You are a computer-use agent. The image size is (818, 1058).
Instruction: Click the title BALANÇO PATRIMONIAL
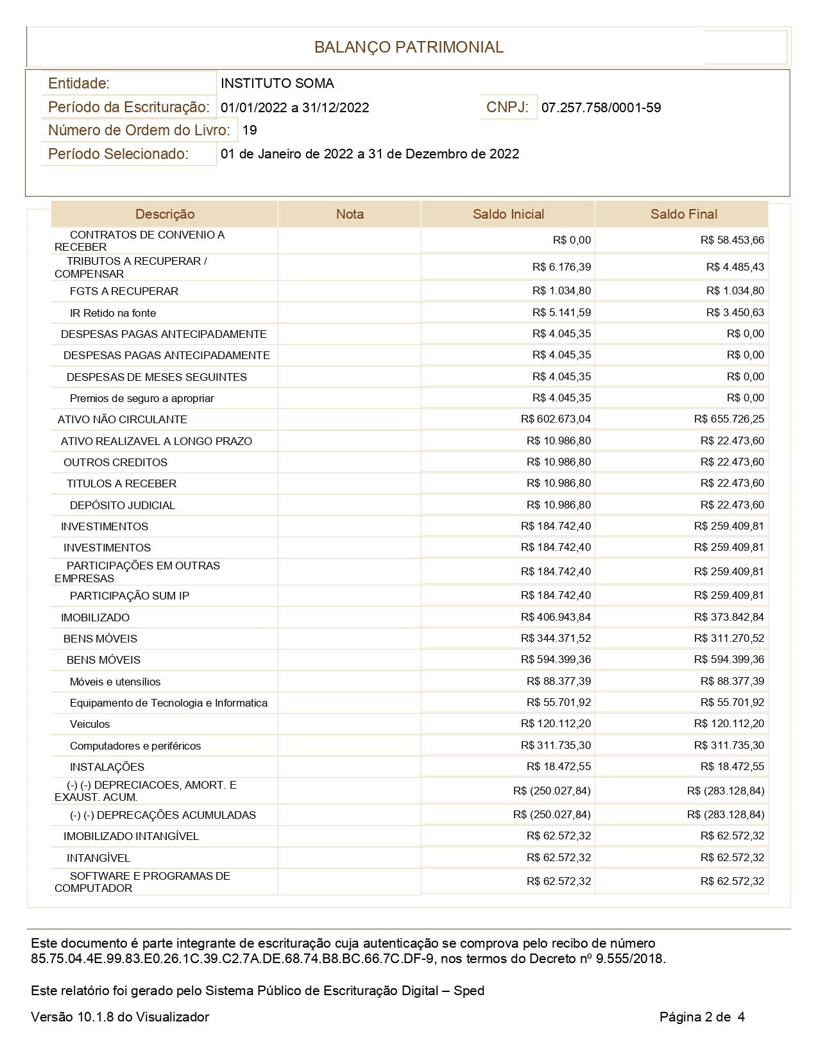point(409,47)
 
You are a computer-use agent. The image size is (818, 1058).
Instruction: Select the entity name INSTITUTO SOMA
point(277,83)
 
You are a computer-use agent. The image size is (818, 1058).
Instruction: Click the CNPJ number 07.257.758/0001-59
point(601,108)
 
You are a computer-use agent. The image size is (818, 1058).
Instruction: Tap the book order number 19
point(250,130)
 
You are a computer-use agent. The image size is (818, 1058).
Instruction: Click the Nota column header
point(350,214)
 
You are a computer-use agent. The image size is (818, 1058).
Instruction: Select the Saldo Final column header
point(683,214)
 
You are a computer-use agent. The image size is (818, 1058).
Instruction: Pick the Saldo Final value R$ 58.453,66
point(732,240)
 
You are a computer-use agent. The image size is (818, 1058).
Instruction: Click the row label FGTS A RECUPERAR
point(124,291)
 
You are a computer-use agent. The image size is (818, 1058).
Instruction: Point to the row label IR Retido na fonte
point(113,313)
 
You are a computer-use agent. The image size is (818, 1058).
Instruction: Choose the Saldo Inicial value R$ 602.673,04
point(556,419)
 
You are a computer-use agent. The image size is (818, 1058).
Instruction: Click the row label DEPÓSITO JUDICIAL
point(122,505)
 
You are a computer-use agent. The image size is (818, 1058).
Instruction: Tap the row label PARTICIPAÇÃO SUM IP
point(130,596)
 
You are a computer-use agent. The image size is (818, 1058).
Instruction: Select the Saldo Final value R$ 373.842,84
point(729,617)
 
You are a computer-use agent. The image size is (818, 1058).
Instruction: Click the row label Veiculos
point(90,725)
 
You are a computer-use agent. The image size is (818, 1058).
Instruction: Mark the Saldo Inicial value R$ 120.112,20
point(556,724)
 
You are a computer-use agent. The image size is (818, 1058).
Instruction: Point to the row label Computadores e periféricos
point(135,746)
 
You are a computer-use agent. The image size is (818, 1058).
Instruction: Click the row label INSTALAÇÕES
point(107,767)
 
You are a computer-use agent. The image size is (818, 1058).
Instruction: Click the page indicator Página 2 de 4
point(702,1017)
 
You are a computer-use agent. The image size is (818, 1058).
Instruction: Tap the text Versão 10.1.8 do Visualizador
point(120,1017)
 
